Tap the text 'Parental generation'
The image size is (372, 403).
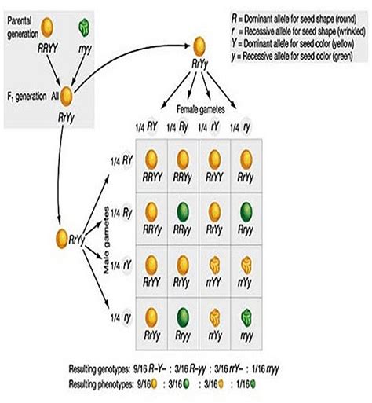click(x=30, y=24)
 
